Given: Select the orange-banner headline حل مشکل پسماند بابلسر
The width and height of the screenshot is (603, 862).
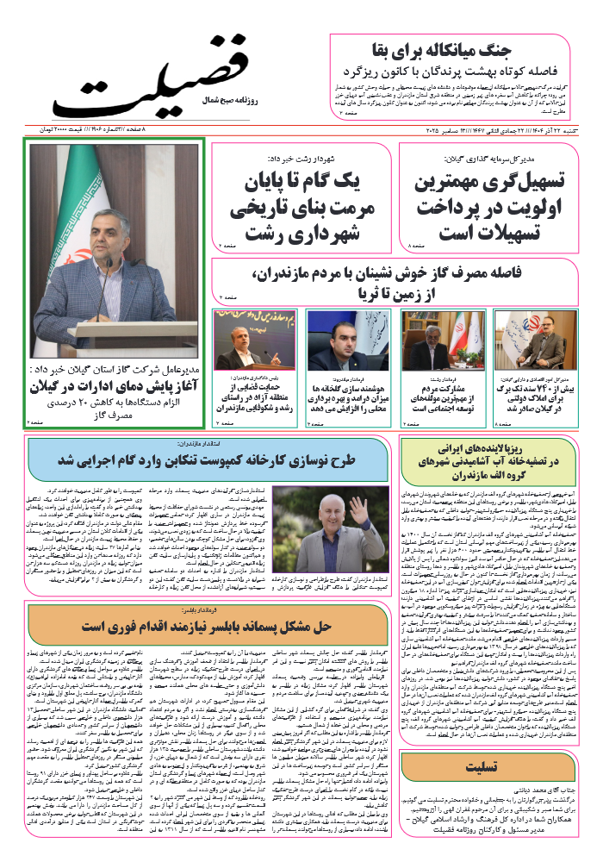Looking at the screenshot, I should (207, 623).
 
